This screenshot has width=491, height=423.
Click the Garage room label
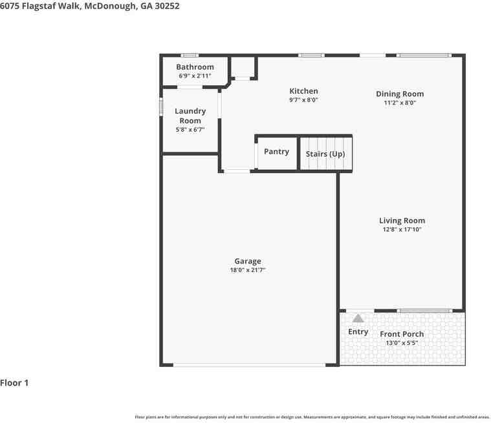coord(248,261)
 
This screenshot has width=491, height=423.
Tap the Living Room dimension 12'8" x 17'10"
coord(402,229)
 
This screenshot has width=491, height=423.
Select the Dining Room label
coord(400,94)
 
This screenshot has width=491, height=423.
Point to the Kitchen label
coord(303,91)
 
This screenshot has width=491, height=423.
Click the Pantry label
coord(276,152)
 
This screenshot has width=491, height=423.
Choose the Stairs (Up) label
coord(325,154)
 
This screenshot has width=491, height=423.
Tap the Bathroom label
coord(195,67)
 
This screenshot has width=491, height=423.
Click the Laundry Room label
coord(190,116)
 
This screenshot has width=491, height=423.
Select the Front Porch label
coord(402,334)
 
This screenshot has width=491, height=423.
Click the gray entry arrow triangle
coord(358,318)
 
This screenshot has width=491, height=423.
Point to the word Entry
coord(358,332)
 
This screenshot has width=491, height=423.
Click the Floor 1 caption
coord(14,383)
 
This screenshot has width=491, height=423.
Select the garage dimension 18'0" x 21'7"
coord(248,270)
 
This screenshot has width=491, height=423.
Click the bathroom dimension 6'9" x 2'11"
coord(195,76)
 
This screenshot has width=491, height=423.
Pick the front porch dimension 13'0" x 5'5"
coord(402,343)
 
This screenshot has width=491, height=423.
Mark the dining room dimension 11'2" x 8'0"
coord(400,103)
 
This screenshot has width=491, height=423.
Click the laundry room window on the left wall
coord(161,107)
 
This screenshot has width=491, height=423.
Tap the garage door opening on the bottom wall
coord(250,365)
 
